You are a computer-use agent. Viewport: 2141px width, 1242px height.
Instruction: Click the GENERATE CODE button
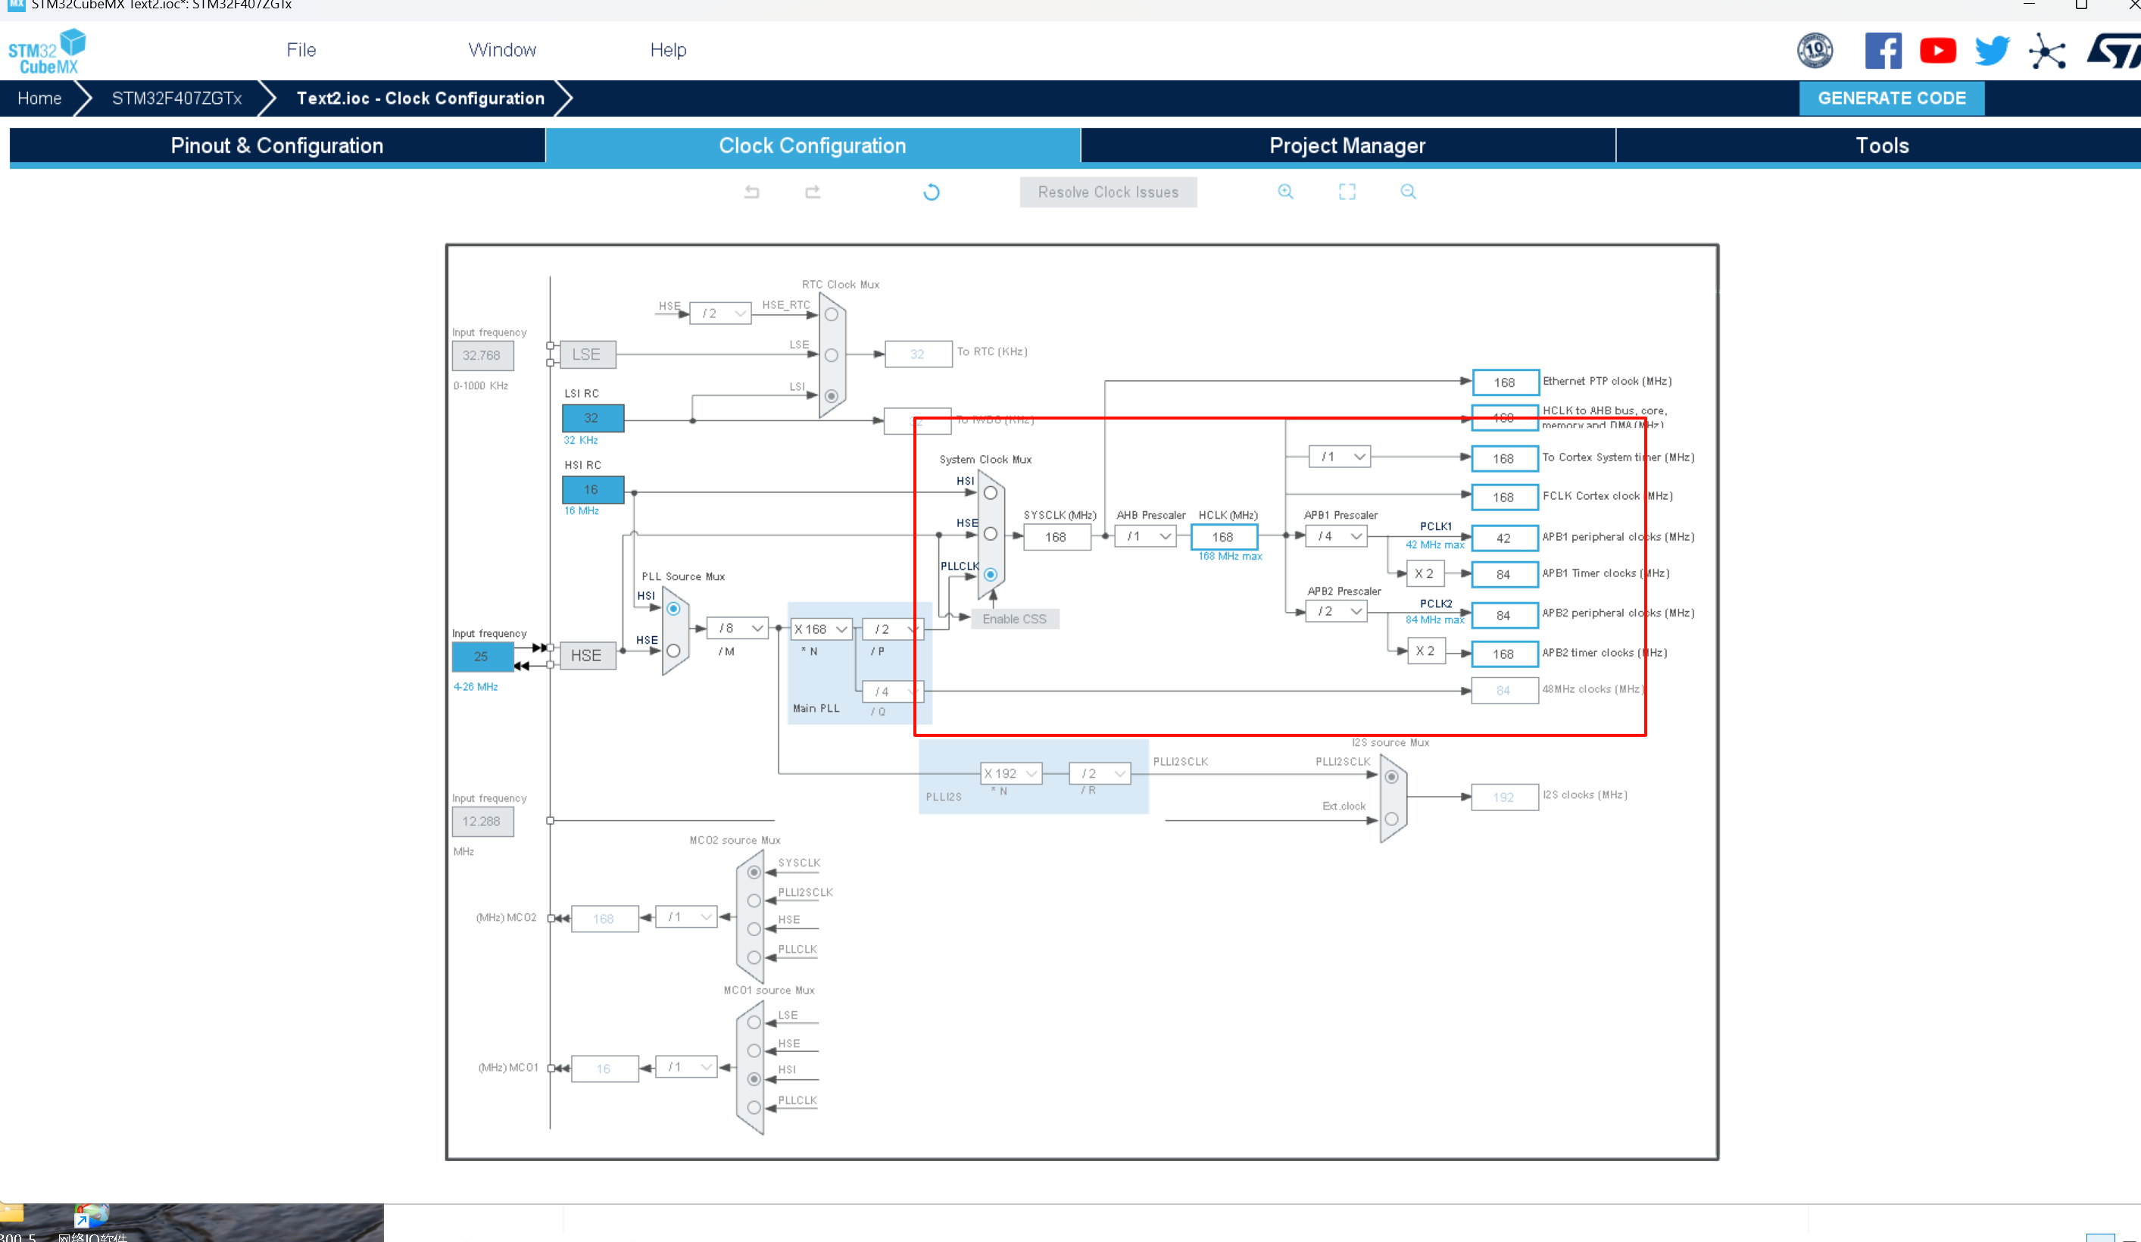(1891, 98)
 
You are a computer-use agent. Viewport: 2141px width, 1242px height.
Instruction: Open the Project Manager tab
(1347, 145)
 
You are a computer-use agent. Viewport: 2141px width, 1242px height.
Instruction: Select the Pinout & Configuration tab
(277, 145)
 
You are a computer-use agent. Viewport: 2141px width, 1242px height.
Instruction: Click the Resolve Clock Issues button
(1107, 192)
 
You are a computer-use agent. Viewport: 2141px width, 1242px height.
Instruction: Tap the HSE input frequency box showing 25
(482, 657)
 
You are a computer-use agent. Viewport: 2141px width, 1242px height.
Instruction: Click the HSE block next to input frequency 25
(586, 656)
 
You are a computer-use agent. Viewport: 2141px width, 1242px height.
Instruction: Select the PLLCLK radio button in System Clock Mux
(990, 575)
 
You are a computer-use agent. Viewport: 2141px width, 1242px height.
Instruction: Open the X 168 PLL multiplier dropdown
(821, 629)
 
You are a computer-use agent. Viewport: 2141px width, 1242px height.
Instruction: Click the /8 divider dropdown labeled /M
(738, 629)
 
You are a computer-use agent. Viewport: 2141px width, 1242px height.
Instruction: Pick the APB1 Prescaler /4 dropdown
(1337, 536)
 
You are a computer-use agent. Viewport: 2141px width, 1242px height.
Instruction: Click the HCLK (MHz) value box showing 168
(1222, 538)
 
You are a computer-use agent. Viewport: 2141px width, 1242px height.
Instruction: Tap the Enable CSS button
(1013, 619)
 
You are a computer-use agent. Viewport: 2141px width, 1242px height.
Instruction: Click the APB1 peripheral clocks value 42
(1503, 538)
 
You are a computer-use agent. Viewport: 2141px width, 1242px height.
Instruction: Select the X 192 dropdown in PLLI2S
(1010, 774)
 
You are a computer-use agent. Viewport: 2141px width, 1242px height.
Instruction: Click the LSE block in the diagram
(586, 354)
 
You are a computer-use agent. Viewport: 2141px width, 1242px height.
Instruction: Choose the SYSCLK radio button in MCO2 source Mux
(754, 872)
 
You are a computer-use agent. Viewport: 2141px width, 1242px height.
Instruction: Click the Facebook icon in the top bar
(1883, 51)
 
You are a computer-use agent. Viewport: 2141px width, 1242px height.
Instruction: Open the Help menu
(668, 50)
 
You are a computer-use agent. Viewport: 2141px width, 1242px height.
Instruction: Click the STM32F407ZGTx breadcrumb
(176, 98)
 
